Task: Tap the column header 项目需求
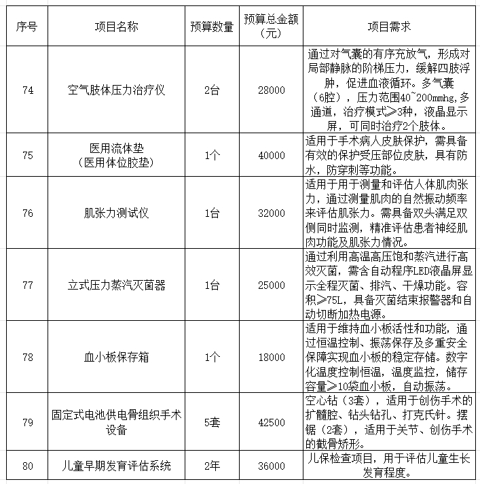click(x=390, y=27)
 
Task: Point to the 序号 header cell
click(x=28, y=27)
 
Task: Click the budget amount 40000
click(x=272, y=155)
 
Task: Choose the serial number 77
click(x=28, y=285)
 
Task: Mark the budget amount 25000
click(x=272, y=285)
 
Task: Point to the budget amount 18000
click(x=272, y=357)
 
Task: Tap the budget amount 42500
click(x=272, y=422)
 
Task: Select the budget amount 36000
click(x=272, y=466)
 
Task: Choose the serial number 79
click(x=28, y=422)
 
